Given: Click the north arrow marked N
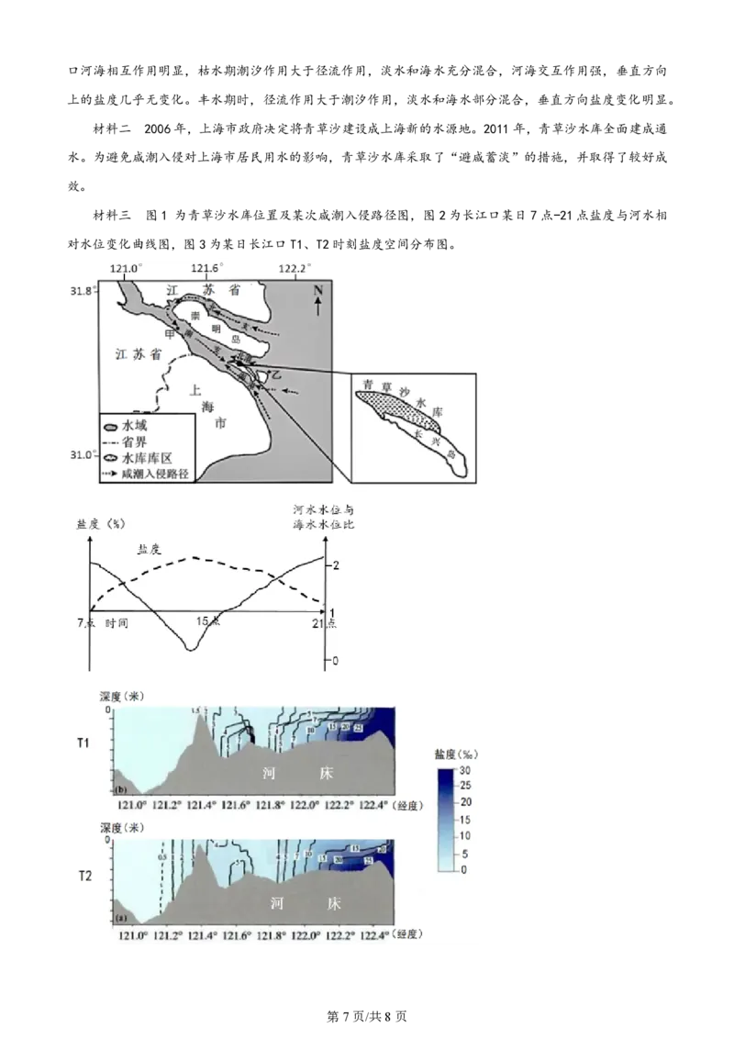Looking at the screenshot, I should tap(317, 299).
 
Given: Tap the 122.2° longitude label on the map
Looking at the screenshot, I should tap(295, 268).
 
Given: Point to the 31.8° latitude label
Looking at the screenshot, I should tap(82, 291).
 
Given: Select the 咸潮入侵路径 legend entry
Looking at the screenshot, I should tap(148, 474).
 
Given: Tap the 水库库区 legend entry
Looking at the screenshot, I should tap(143, 458).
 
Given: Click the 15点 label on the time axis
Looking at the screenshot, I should tap(208, 621).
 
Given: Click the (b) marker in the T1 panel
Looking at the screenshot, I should tap(119, 789).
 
